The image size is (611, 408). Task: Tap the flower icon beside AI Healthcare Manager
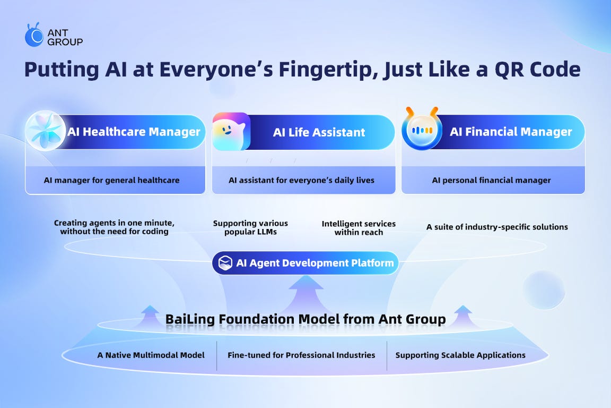(46, 131)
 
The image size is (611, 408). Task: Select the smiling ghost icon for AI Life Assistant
(231, 131)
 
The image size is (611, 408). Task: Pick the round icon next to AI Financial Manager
(422, 131)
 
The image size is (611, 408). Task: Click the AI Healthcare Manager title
(134, 131)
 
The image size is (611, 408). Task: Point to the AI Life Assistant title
(319, 132)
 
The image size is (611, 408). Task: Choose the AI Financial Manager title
(511, 131)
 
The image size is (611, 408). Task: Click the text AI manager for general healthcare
(111, 180)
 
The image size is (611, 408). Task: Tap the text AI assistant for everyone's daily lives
(301, 180)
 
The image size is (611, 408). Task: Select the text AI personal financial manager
(491, 180)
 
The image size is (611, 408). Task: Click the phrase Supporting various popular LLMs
(250, 228)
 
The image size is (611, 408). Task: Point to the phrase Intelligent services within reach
(359, 228)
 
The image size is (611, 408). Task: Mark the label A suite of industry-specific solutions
(497, 227)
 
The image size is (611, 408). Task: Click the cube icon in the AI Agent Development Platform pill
(226, 262)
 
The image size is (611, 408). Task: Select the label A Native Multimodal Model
(151, 355)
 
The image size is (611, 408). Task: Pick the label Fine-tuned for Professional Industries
(301, 355)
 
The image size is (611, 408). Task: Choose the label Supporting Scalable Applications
(460, 355)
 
